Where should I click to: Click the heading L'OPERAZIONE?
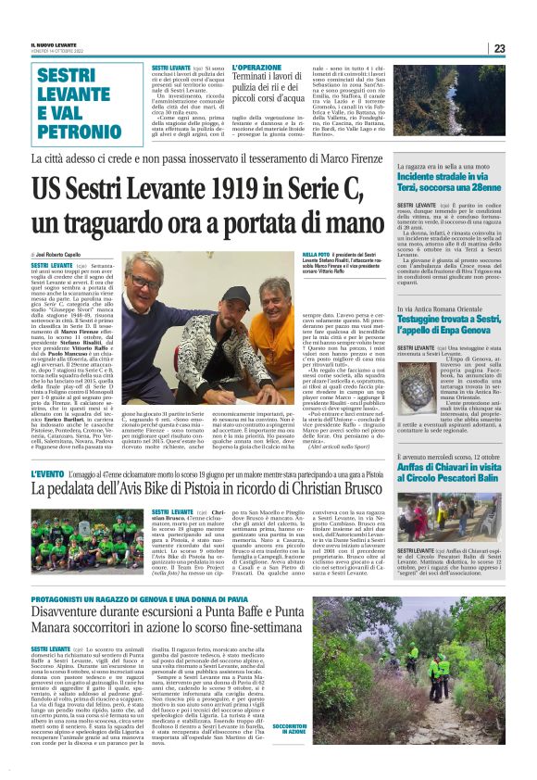(256, 69)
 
